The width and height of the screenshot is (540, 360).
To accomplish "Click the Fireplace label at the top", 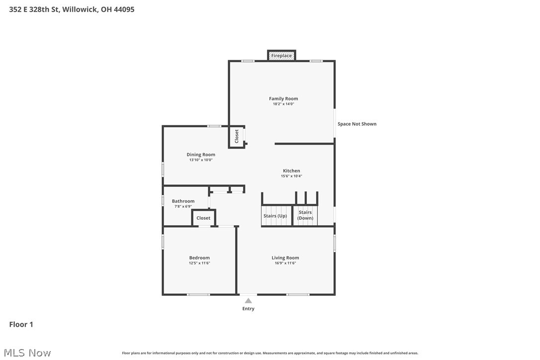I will tap(281, 56).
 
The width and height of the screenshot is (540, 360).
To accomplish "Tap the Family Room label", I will tap(283, 98).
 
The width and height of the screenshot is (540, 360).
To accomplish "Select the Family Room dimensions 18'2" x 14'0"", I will tap(283, 104).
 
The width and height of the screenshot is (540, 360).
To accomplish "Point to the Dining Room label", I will tap(201, 155).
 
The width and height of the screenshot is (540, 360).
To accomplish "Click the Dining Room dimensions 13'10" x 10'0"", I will tap(201, 160).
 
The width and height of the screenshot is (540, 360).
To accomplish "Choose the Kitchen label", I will tap(291, 171).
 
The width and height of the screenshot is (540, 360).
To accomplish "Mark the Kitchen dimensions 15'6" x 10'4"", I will tap(291, 176).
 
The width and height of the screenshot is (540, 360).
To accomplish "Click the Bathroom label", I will tap(183, 201).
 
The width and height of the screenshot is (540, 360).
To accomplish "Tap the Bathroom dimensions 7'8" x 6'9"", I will tap(183, 206).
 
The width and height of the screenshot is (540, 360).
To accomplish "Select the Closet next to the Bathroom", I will tap(203, 218).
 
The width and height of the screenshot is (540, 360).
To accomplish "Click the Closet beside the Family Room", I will tap(237, 136).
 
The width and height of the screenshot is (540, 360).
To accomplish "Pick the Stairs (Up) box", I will tap(275, 216).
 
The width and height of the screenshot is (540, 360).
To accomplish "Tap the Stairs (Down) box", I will tap(305, 215).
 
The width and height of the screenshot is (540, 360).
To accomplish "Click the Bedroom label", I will tap(199, 258).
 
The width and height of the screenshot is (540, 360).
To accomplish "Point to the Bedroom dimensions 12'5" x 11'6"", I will tap(199, 263).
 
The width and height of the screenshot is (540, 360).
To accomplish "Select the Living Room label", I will tap(285, 258).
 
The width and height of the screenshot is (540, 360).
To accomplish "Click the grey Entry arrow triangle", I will tap(248, 300).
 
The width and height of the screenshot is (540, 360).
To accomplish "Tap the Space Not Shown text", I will tap(357, 124).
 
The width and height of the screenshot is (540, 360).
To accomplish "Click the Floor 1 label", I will tap(21, 324).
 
